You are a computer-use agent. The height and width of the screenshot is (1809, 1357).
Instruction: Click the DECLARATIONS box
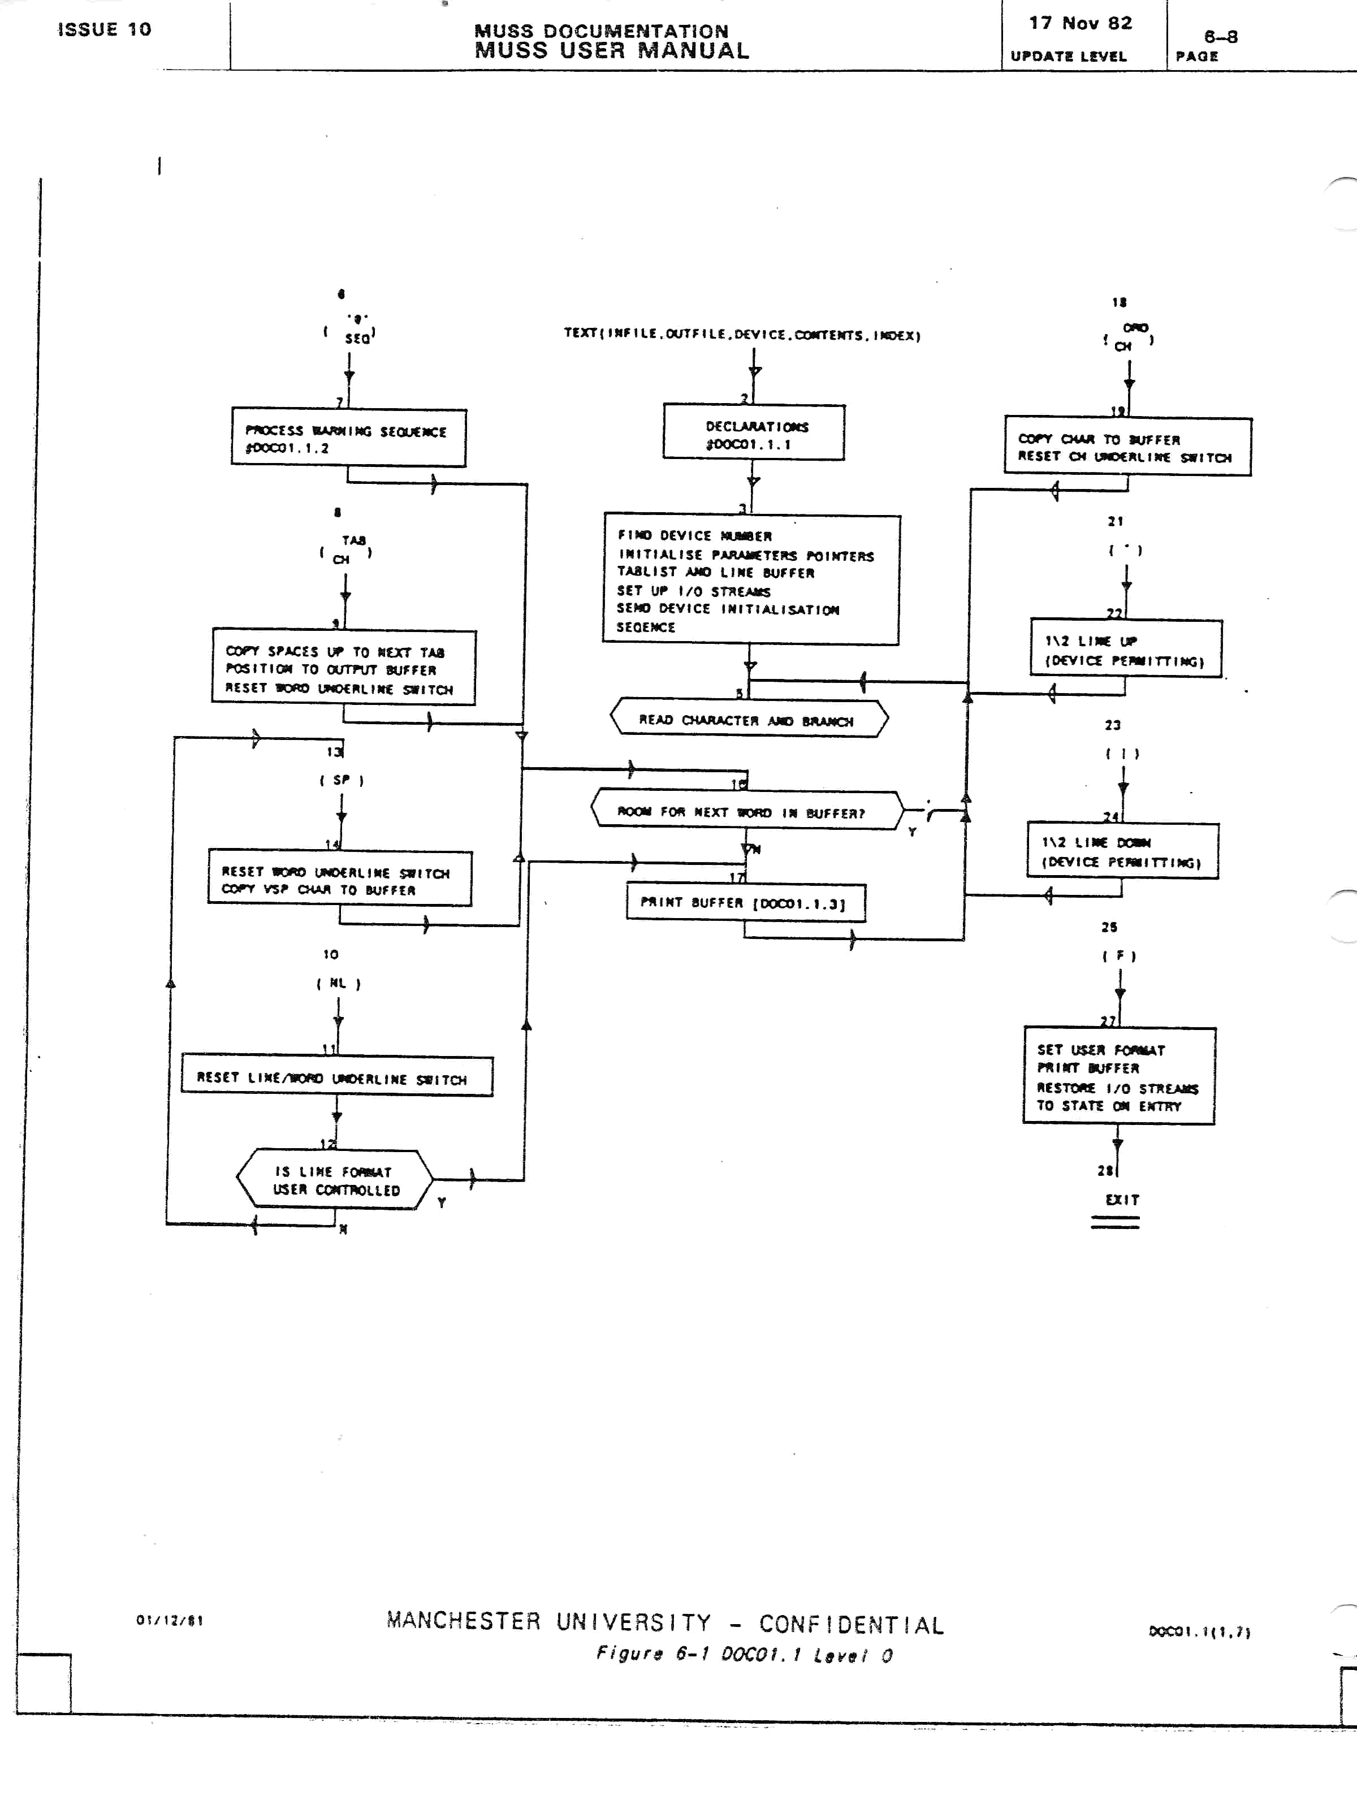click(753, 432)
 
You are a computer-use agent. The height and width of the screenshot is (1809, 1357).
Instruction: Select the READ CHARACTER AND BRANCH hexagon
click(749, 719)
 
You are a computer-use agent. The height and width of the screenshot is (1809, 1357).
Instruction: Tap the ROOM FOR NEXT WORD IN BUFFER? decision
click(746, 811)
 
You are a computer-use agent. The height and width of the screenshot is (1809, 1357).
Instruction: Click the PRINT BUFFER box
click(745, 903)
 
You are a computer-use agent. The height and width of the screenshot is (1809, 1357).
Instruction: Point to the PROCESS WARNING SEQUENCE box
click(348, 438)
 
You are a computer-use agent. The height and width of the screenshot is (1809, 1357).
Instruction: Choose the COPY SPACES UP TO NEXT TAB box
click(344, 667)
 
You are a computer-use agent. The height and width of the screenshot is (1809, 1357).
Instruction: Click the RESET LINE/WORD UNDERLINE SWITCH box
click(337, 1076)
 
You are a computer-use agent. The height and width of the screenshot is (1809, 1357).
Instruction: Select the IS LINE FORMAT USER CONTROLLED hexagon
click(335, 1180)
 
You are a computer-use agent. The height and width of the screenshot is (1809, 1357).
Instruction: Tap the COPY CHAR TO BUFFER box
click(1127, 447)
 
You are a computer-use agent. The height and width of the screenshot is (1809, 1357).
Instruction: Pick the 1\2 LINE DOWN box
click(1122, 851)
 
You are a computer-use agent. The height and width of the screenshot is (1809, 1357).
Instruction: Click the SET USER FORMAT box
click(1118, 1076)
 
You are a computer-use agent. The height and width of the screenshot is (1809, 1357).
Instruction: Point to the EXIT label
click(1121, 1200)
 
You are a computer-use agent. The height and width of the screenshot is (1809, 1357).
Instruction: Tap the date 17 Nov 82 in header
click(1081, 23)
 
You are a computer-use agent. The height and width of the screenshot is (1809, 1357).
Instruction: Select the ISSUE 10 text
click(105, 29)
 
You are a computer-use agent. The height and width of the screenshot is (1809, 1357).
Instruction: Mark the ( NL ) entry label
click(338, 983)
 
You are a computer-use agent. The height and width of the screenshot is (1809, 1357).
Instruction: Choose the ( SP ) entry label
click(341, 780)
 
